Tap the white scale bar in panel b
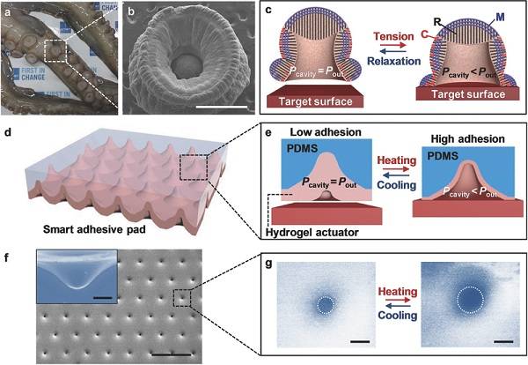point(221,108)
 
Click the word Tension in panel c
point(393,36)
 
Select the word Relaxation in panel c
point(393,61)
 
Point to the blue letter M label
point(500,18)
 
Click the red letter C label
point(424,34)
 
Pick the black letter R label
point(437,22)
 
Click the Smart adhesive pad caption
point(94,230)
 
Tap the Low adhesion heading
point(326,132)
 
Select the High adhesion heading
point(468,138)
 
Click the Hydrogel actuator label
point(312,233)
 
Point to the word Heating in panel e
point(397,160)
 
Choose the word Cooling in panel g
point(398,316)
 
